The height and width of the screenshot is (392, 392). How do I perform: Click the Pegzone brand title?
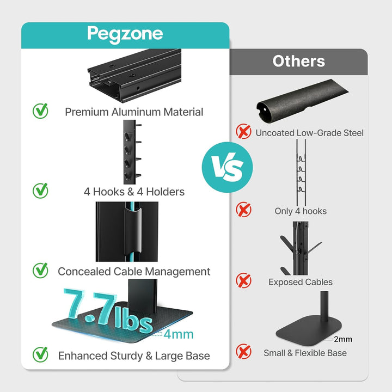coord(125,34)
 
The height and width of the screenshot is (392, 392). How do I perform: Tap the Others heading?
coord(299,61)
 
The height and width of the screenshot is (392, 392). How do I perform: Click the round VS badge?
coord(227,167)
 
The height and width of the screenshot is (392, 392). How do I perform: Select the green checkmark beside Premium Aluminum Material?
coord(40,111)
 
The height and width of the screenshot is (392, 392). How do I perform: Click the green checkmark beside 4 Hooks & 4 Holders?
coord(40,191)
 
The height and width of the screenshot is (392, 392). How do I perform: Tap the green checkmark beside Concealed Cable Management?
coord(40,270)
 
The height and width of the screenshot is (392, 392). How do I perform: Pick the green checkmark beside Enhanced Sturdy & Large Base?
coord(40,354)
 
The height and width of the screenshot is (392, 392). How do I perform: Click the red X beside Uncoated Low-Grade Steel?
coord(243,131)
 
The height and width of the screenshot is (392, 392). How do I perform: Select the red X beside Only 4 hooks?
coord(243,210)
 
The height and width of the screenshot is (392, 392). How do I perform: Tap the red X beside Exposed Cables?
coord(243,280)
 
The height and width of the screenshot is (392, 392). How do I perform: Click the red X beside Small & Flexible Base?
coord(243,351)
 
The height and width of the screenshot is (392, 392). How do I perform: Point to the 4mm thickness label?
coord(179,334)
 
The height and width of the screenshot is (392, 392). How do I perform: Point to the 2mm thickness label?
coord(343,339)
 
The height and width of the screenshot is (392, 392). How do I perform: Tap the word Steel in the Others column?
coord(353,133)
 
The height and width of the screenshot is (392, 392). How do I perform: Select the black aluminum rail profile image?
coord(134,75)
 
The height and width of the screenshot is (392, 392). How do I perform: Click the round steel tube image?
coord(302,101)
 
